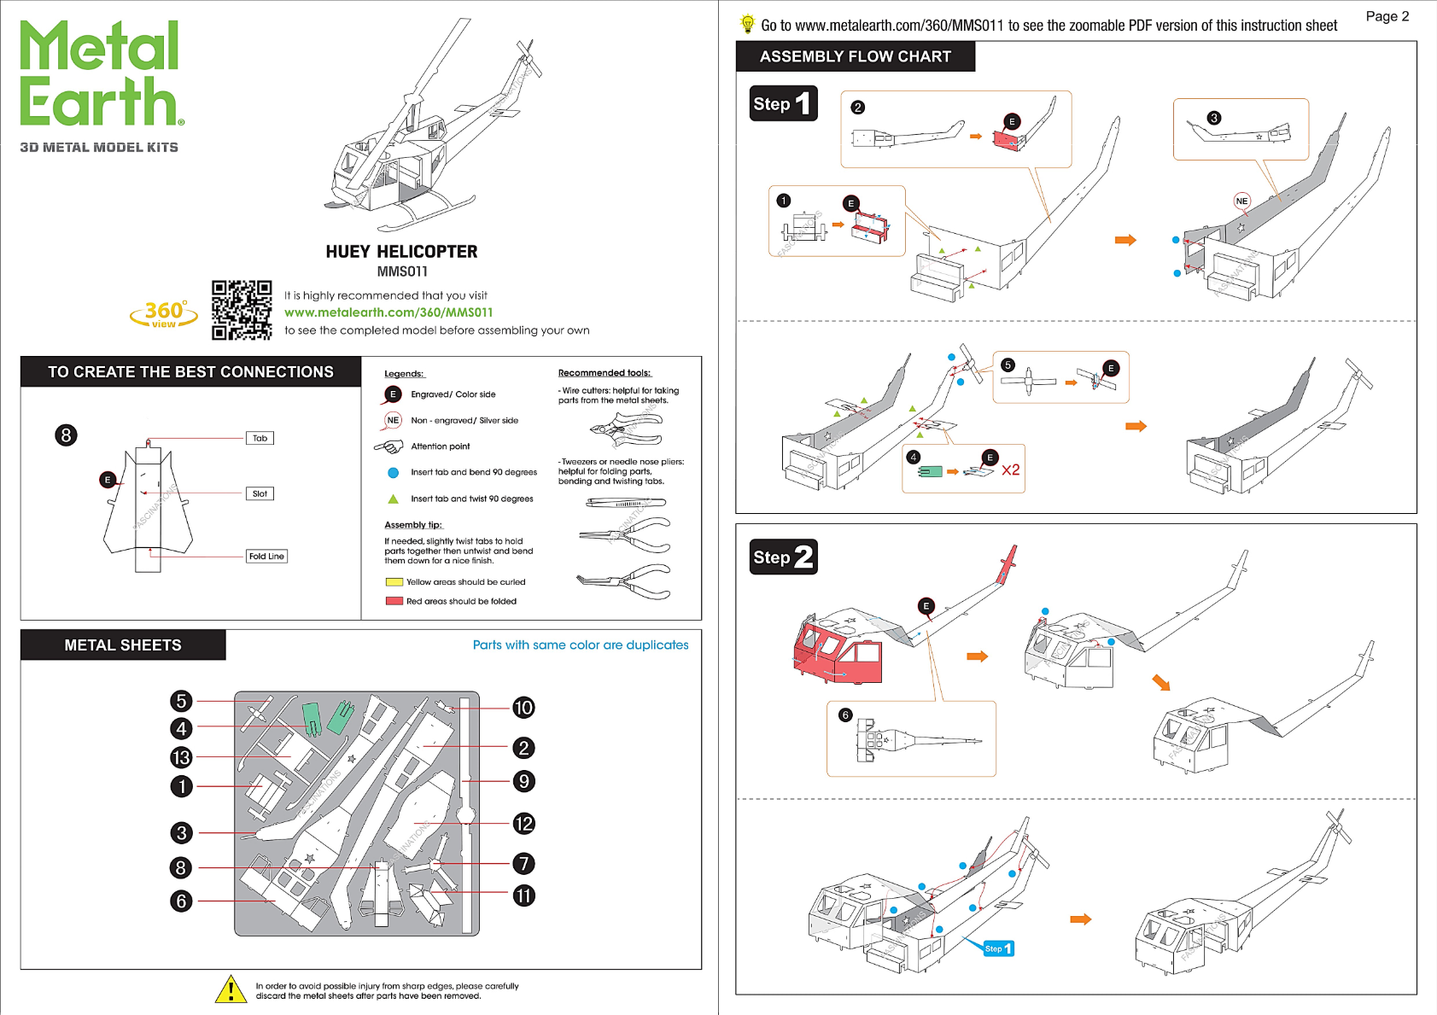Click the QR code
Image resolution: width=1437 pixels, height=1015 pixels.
[242, 310]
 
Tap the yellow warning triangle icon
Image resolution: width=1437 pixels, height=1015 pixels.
[231, 990]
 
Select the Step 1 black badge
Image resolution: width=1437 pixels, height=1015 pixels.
[783, 103]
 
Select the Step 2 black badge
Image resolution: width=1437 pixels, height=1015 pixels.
[783, 557]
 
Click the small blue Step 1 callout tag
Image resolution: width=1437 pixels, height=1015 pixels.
[999, 948]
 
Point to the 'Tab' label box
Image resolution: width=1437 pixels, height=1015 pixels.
[260, 438]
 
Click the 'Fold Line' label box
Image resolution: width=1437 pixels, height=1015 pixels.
[266, 556]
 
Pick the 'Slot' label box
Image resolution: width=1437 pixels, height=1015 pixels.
[260, 493]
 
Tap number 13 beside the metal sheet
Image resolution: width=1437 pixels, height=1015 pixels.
[182, 757]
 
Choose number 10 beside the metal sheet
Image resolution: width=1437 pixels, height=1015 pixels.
[523, 707]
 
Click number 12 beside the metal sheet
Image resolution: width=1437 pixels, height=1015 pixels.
[523, 823]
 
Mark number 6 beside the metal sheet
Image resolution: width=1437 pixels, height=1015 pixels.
[182, 901]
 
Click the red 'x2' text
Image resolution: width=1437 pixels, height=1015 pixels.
[1010, 470]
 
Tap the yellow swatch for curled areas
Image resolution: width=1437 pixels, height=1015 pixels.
[394, 582]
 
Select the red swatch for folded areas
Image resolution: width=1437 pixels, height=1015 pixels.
[394, 602]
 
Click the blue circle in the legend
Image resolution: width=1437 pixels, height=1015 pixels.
[394, 473]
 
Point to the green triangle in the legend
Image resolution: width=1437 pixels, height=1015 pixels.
[394, 499]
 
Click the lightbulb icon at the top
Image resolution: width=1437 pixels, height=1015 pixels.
[747, 24]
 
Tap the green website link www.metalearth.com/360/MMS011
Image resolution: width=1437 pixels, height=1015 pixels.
[388, 312]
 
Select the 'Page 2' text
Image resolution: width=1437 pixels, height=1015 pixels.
[1387, 16]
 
